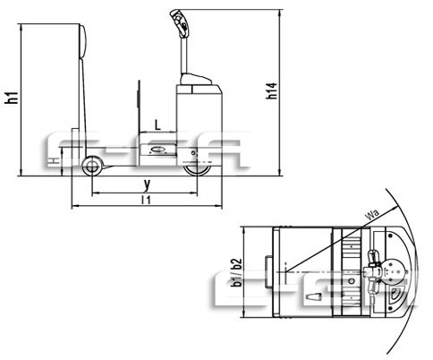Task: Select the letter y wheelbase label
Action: point(146,184)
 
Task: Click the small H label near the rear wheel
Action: point(55,160)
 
